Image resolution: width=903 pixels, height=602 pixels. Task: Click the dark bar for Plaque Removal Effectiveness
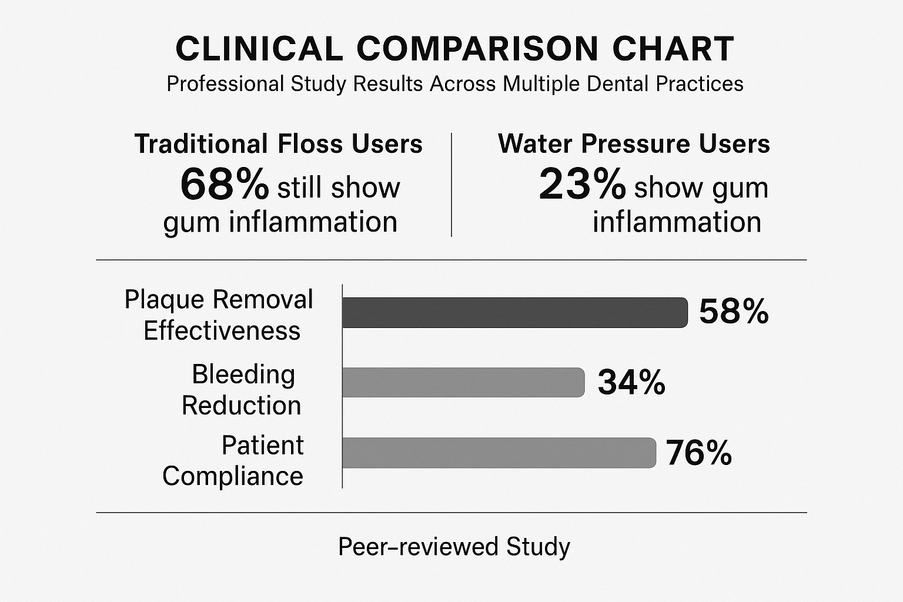(x=514, y=312)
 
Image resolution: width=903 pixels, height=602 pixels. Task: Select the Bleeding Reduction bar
(x=463, y=382)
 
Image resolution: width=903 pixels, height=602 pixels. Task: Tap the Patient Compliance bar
(x=499, y=453)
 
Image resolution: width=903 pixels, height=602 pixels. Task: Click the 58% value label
(x=734, y=312)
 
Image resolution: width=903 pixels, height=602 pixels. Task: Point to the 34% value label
(x=631, y=382)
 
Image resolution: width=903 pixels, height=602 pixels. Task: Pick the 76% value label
(x=699, y=453)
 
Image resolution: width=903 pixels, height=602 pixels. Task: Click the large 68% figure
(x=225, y=184)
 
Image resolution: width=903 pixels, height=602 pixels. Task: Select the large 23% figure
(x=582, y=184)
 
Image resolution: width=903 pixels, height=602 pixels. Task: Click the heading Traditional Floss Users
(x=279, y=144)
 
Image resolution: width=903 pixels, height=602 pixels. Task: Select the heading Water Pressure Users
(x=634, y=144)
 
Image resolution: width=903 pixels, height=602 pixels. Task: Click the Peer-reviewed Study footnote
(x=454, y=547)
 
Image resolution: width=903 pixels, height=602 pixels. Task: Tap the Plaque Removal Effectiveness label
(x=219, y=315)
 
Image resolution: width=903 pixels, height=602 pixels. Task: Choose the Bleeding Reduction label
(x=242, y=390)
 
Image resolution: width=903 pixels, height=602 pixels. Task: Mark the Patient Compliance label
(x=234, y=460)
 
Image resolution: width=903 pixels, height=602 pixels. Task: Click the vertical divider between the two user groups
(x=451, y=185)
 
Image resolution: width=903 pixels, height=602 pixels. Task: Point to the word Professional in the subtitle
(x=225, y=84)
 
